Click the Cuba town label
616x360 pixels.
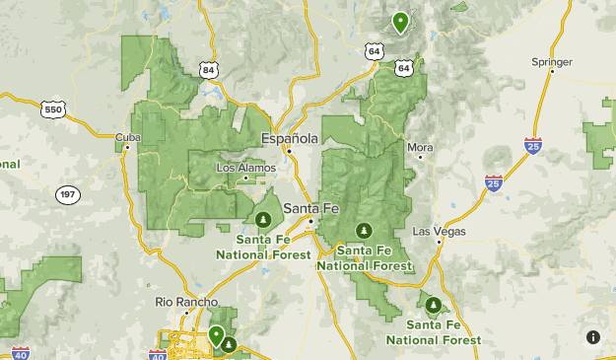pyautogui.click(x=122, y=137)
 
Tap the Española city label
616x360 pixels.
pyautogui.click(x=290, y=138)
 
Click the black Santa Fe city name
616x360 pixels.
pyautogui.click(x=308, y=208)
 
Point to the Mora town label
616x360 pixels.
pyautogui.click(x=420, y=147)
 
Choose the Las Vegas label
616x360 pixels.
pyautogui.click(x=439, y=232)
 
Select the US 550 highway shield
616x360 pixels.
pyautogui.click(x=54, y=108)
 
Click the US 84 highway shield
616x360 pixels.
pyautogui.click(x=208, y=70)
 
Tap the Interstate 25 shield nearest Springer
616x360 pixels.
pyautogui.click(x=533, y=145)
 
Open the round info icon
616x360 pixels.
pyautogui.click(x=592, y=337)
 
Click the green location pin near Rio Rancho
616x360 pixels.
pyautogui.click(x=216, y=334)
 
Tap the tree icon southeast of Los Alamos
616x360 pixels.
pyautogui.click(x=263, y=218)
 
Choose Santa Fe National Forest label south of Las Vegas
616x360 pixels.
pyautogui.click(x=434, y=331)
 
